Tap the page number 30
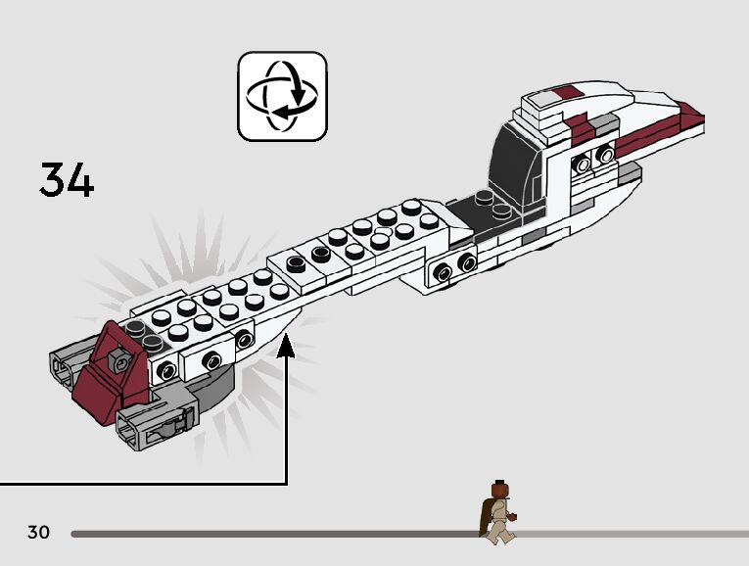pyautogui.click(x=38, y=533)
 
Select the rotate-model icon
pyautogui.click(x=282, y=96)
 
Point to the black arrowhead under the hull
pyautogui.click(x=287, y=344)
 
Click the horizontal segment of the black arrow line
pyautogui.click(x=147, y=483)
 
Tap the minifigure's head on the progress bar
pyautogui.click(x=498, y=488)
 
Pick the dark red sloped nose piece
pyautogui.click(x=108, y=372)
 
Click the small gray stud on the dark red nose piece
pyautogui.click(x=119, y=363)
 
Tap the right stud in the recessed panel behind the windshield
pyautogui.click(x=607, y=155)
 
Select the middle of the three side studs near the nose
pyautogui.click(x=211, y=359)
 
